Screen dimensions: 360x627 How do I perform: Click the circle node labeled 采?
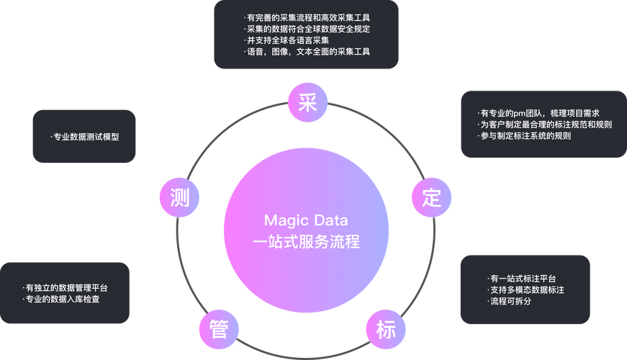pos(307,104)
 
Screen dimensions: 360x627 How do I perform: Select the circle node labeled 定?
pos(431,197)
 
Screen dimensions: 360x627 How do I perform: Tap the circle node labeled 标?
pos(386,329)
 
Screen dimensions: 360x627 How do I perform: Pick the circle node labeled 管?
pos(219,329)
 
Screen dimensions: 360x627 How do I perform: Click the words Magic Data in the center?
pos(306,219)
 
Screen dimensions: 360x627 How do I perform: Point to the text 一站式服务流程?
pos(306,242)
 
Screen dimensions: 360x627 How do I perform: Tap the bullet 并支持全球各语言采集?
pos(288,40)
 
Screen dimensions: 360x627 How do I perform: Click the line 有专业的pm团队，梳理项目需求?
pos(541,113)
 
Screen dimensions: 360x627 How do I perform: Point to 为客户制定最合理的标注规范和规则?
pos(546,125)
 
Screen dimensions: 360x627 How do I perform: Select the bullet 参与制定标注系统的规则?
pos(526,135)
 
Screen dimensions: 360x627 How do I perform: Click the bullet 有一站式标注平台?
pos(523,279)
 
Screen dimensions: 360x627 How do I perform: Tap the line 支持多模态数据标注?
pos(526,289)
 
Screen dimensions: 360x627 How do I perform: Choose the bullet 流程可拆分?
pos(510,300)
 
